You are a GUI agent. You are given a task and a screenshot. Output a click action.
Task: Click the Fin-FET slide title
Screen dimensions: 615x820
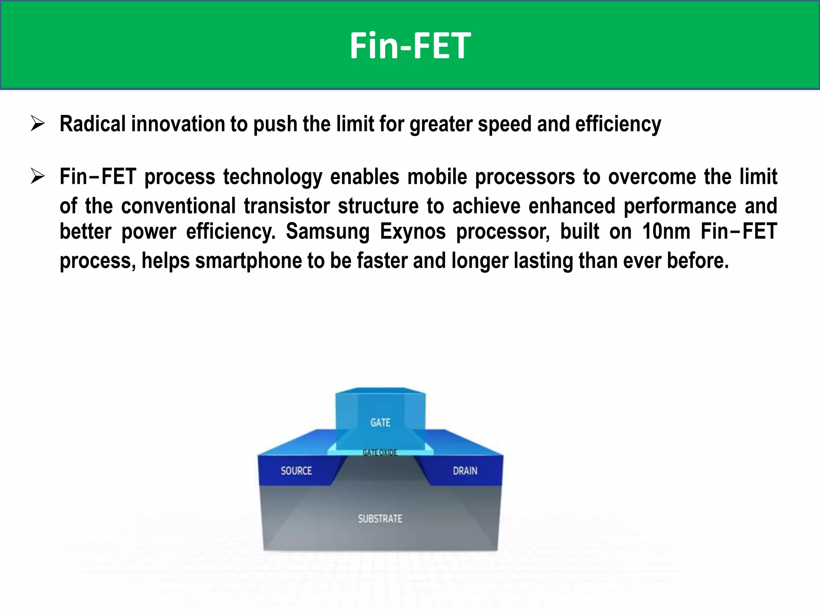410,46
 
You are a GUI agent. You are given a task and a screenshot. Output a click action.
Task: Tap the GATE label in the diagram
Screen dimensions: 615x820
380,422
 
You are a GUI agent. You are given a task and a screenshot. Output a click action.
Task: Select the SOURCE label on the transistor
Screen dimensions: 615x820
296,470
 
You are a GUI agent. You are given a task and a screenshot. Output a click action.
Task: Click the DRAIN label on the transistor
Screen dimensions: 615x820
465,470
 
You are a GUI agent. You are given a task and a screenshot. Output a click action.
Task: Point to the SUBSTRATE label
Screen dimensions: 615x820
380,519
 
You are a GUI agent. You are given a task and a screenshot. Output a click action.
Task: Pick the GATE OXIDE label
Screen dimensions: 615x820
380,452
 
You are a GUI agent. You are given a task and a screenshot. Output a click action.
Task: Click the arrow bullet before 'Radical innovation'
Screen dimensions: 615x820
38,124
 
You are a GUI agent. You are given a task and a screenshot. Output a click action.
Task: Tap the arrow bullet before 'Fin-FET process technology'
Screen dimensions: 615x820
38,177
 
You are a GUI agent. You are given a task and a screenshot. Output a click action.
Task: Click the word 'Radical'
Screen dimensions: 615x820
92,124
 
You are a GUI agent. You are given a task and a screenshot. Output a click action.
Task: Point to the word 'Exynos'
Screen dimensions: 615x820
412,231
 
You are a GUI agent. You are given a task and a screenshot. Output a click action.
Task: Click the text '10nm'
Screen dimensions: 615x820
666,231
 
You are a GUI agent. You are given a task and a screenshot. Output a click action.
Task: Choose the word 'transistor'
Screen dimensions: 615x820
287,206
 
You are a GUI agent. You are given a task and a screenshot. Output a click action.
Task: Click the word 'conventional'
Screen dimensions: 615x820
178,206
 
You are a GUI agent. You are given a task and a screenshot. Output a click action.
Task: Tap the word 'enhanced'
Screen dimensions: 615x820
571,206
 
